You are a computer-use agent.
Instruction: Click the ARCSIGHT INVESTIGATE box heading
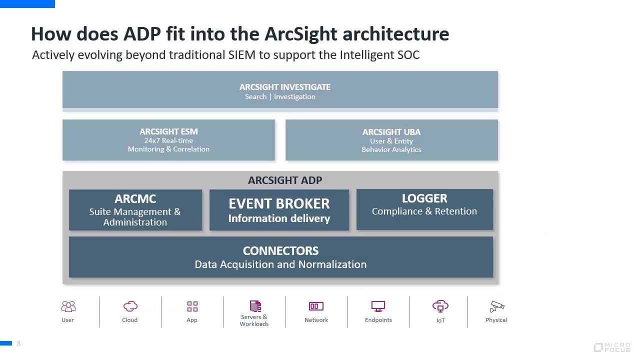click(285, 87)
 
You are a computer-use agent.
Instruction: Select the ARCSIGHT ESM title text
click(168, 131)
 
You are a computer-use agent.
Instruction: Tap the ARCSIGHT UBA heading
click(391, 132)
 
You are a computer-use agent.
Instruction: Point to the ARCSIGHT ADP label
click(285, 180)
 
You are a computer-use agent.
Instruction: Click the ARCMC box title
click(135, 199)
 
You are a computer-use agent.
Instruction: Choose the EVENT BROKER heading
click(279, 203)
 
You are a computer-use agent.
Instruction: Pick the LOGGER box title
click(424, 198)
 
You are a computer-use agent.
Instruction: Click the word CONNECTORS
click(280, 251)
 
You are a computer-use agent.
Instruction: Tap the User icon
click(68, 306)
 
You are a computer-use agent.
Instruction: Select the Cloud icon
click(130, 306)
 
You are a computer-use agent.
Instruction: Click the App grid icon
click(192, 306)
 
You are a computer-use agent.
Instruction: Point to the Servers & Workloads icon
click(255, 305)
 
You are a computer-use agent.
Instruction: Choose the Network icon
click(316, 306)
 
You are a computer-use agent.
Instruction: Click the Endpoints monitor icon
click(378, 306)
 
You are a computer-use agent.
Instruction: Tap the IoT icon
click(440, 306)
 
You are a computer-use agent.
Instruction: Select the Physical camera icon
click(497, 306)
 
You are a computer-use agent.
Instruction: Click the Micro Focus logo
click(612, 347)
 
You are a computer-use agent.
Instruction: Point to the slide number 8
click(19, 343)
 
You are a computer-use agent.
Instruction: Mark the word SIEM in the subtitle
click(242, 55)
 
